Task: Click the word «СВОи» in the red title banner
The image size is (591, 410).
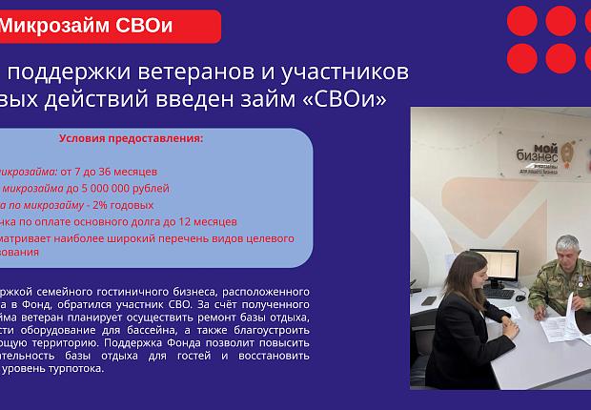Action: tap(143, 26)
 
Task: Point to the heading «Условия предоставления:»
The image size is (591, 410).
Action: tap(131, 138)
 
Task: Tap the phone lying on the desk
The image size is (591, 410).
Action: tap(430, 301)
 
